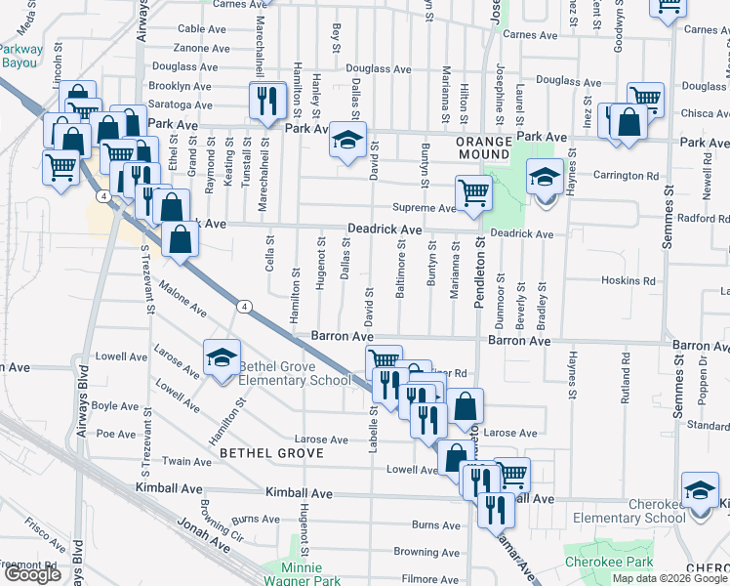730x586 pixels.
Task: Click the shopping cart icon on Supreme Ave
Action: point(472,192)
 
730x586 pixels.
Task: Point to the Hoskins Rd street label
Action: point(628,280)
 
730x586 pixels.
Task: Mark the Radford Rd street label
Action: point(703,218)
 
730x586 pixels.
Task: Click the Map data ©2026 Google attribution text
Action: point(669,578)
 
